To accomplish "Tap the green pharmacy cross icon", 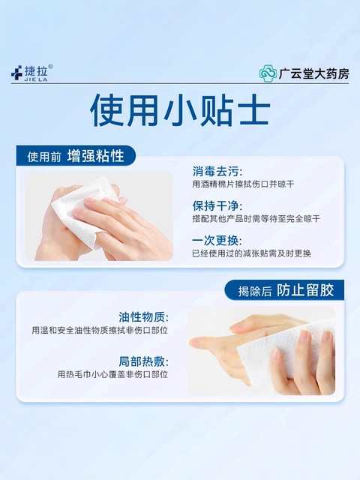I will coord(267,73).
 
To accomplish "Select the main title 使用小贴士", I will coord(180,112).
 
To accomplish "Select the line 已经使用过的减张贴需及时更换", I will coord(252,253).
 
